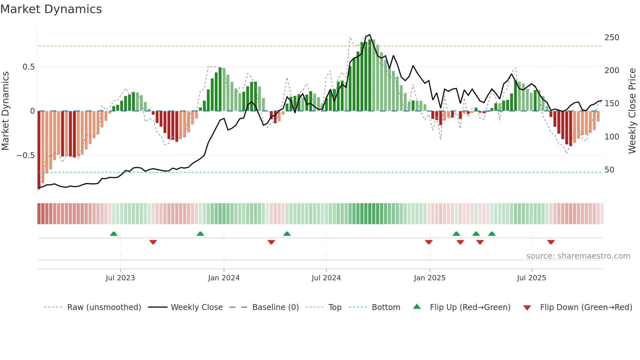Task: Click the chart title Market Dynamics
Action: click(x=51, y=9)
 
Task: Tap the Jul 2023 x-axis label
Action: click(x=120, y=278)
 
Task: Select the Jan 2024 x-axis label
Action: click(x=224, y=278)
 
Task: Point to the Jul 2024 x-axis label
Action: click(x=326, y=278)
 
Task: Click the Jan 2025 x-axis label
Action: click(x=429, y=278)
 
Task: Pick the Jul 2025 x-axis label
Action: click(x=531, y=278)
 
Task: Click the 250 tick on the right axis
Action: click(x=612, y=38)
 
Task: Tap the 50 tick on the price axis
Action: click(x=609, y=170)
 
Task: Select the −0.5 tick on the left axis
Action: click(x=25, y=155)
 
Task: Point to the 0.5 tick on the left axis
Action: click(x=28, y=67)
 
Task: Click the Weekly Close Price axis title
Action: click(x=632, y=111)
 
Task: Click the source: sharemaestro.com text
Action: click(x=578, y=256)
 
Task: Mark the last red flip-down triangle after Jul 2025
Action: click(x=551, y=242)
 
